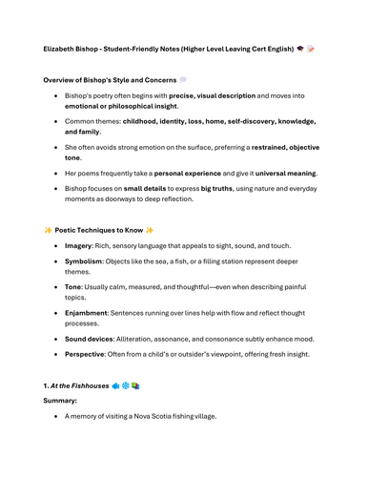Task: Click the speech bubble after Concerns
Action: coord(184,79)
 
